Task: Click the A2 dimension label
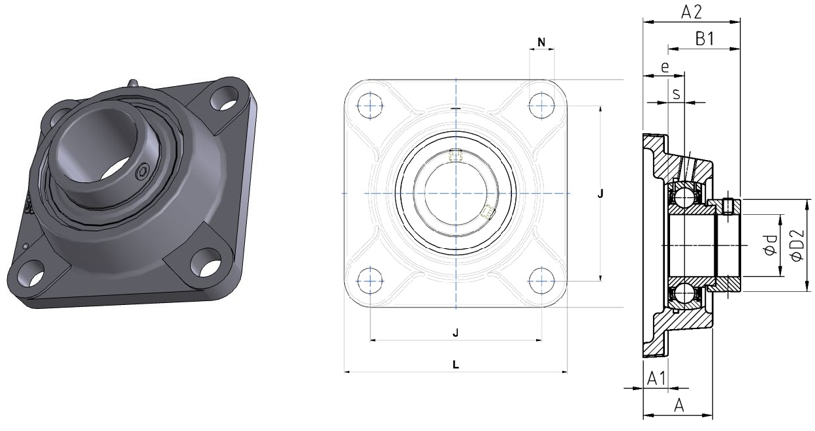692,12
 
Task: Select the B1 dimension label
705,39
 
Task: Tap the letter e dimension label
665,67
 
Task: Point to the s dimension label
677,94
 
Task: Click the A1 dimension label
656,379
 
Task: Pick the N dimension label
541,42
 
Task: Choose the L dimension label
456,364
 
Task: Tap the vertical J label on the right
600,194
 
